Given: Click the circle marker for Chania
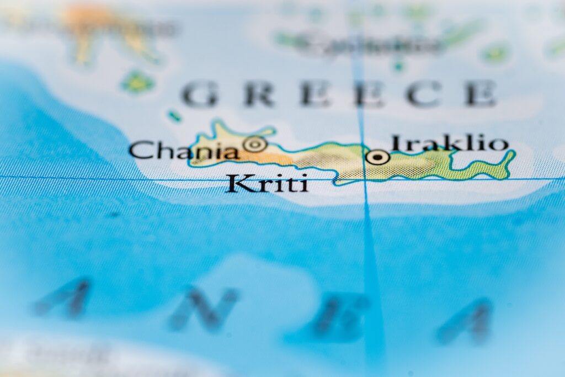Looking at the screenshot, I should pos(255,144).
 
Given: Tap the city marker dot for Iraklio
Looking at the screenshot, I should pos(377,157).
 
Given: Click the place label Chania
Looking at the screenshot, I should pos(184,150).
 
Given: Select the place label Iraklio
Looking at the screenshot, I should pos(449,144).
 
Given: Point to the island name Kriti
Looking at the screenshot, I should pos(266,183).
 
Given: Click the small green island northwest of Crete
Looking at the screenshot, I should pos(137,82).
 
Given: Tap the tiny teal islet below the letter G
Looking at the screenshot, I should pos(175,116).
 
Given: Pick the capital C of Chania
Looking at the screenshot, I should pos(140,150).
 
